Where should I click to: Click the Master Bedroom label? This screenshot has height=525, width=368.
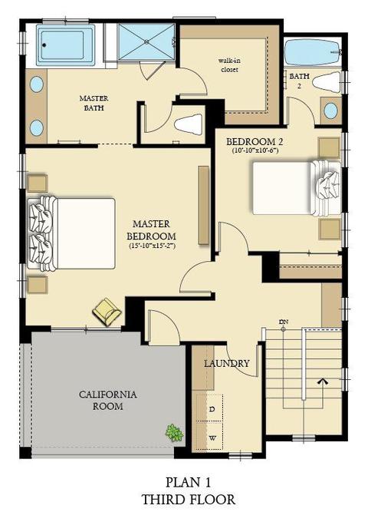(x=151, y=229)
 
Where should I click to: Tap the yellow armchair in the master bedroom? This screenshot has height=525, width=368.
(x=107, y=312)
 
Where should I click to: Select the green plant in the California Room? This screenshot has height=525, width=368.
(x=174, y=433)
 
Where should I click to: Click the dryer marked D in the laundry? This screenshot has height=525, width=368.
(x=210, y=408)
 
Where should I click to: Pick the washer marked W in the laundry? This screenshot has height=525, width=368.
(x=210, y=436)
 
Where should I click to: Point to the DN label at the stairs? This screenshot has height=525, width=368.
(x=284, y=322)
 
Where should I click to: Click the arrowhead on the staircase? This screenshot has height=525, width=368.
(x=324, y=381)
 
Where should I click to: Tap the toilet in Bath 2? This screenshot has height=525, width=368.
(x=327, y=82)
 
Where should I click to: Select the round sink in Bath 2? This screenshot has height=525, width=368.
(x=330, y=111)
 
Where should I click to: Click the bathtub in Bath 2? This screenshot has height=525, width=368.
(x=313, y=53)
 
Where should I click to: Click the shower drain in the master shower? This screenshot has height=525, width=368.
(x=146, y=42)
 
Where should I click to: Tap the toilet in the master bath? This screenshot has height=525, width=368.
(x=189, y=124)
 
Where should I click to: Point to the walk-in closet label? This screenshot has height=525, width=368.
(x=229, y=65)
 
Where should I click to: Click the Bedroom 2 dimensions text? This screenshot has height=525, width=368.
(x=255, y=150)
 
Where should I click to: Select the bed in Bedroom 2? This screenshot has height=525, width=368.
(x=297, y=187)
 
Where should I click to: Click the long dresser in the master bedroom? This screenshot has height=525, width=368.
(x=204, y=205)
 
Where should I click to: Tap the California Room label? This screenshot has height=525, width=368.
(x=108, y=400)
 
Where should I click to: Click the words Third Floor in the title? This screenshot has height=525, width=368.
(x=189, y=500)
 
